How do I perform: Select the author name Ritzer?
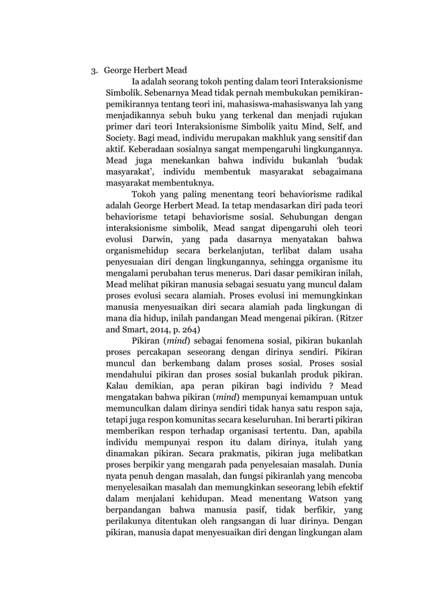pos(345,317)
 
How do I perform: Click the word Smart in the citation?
pos(133,329)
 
